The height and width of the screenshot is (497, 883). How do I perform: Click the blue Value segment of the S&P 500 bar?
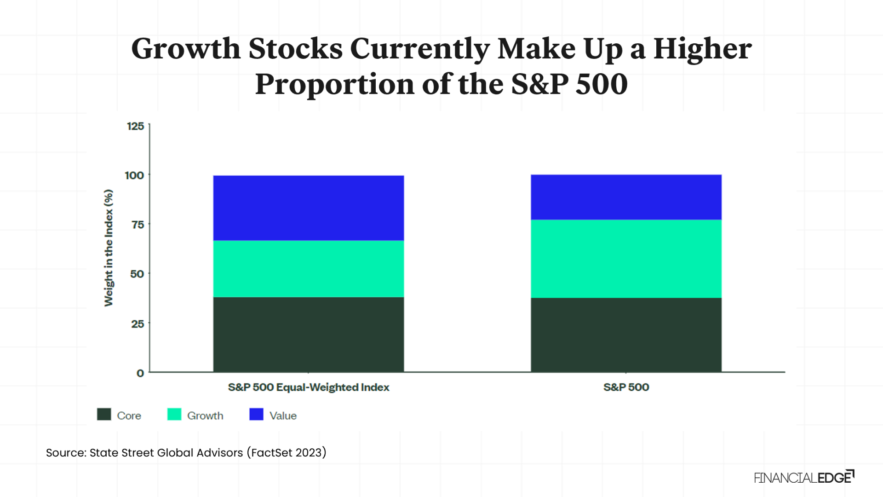click(626, 197)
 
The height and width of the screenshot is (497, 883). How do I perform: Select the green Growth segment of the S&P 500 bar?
click(626, 259)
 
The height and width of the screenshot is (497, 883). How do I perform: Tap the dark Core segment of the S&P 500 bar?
click(626, 335)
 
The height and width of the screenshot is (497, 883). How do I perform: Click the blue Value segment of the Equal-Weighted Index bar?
click(309, 208)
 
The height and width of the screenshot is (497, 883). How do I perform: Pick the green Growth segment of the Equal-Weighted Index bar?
click(309, 269)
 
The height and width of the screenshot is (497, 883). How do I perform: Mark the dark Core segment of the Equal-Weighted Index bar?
click(309, 334)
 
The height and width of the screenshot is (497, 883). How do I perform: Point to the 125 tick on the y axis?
click(135, 126)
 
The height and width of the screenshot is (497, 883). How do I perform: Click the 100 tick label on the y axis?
click(134, 175)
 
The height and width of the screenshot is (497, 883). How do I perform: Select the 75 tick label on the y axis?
click(138, 225)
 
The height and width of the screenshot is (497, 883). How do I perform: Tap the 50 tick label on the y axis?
click(137, 274)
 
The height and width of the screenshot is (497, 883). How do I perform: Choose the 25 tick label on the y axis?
click(138, 324)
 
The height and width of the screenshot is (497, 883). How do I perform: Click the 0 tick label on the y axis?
click(140, 373)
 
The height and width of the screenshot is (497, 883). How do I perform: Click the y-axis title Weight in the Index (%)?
click(109, 248)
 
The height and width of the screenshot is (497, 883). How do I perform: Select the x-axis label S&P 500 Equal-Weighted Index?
click(309, 387)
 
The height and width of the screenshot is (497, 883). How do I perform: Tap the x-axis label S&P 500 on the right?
click(626, 387)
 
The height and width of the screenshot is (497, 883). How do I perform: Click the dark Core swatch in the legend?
click(104, 414)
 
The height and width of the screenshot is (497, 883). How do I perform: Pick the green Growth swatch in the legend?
click(174, 414)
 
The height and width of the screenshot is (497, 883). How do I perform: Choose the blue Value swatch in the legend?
click(256, 414)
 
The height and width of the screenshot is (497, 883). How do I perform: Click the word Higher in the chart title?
click(702, 49)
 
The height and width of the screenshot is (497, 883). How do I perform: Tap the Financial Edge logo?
click(804, 477)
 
